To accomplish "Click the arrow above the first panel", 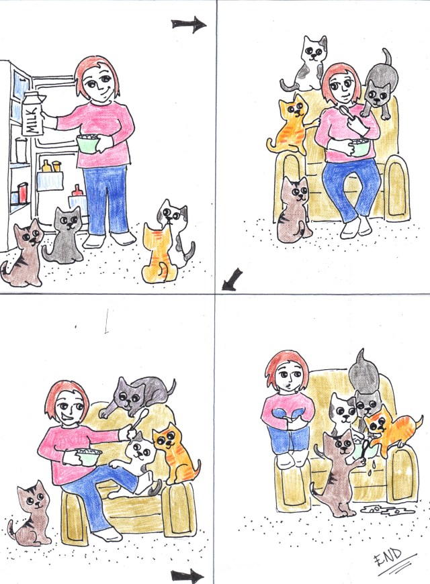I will click(189, 25).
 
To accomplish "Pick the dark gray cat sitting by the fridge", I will click(64, 235).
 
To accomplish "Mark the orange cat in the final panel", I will click(390, 430).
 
